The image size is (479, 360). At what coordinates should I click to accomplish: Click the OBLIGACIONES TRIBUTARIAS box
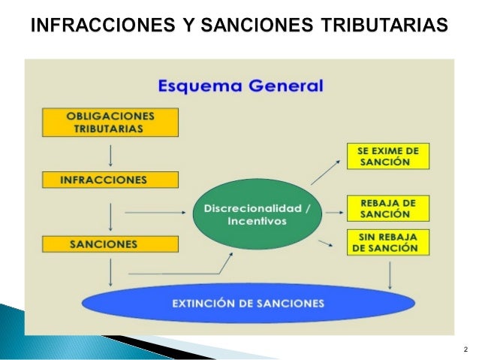click(110, 122)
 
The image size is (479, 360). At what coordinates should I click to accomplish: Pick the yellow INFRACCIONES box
click(110, 180)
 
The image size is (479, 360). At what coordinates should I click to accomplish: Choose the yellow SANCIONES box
click(110, 244)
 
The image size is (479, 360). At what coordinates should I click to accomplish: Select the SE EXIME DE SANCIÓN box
click(387, 156)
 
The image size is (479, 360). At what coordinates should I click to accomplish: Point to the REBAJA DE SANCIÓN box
click(387, 208)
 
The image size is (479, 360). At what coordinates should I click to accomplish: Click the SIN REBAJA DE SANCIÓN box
click(387, 244)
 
